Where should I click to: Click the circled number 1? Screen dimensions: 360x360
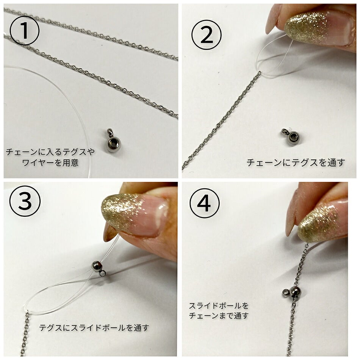tap(24, 30)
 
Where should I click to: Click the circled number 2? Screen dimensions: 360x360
tap(206, 36)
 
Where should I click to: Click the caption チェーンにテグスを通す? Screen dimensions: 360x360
tap(296, 163)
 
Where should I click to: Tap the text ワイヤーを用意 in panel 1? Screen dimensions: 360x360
tap(50, 164)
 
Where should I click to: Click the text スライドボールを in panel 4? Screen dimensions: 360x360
tap(219, 305)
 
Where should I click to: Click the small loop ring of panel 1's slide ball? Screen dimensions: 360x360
tap(110, 132)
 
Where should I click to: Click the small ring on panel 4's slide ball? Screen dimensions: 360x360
tap(285, 292)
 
